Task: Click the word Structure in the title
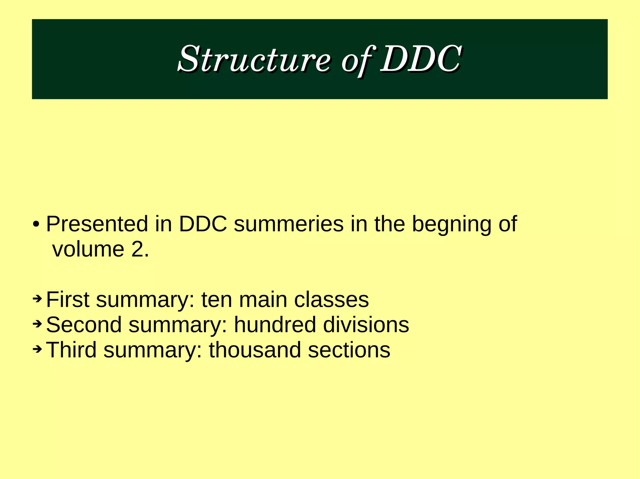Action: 254,59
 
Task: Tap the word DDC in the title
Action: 420,59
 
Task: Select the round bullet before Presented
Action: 36,224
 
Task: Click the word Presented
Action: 97,224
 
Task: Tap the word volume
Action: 88,249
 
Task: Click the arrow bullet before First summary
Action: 37,299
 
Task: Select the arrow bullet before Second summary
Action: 37,324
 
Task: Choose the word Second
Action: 84,325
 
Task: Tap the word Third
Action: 71,350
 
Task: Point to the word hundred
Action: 275,325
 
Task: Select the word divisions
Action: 366,325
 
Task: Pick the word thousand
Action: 255,350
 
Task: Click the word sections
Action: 349,350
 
